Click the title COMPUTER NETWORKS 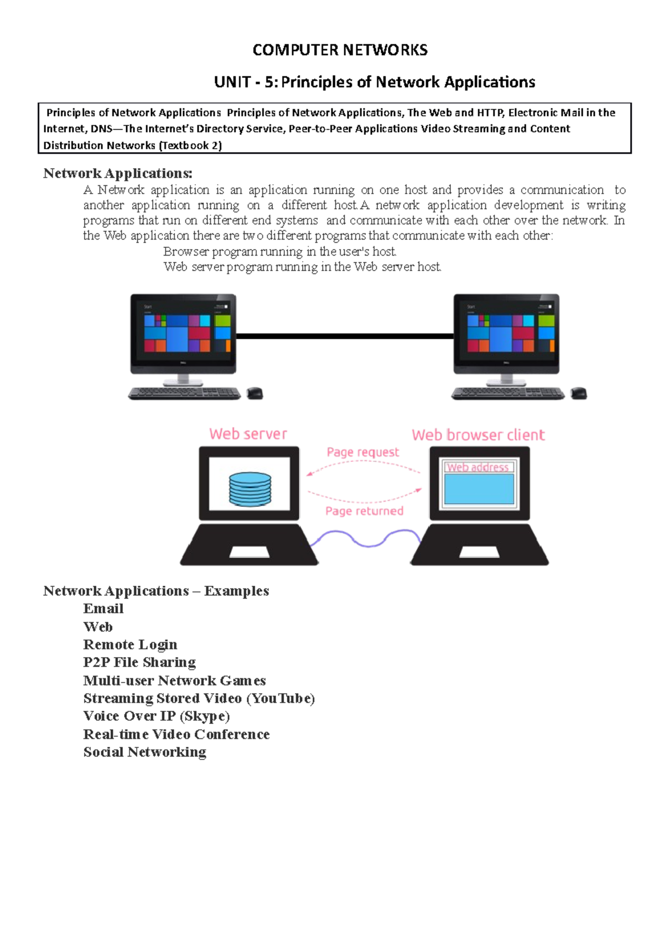tap(340, 50)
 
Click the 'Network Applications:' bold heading tap(118, 173)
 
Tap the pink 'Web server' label tap(248, 434)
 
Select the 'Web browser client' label tap(478, 435)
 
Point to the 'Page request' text tap(362, 452)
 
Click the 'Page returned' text tap(364, 511)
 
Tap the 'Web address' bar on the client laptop tap(478, 467)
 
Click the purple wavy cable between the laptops tap(368, 538)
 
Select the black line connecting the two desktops tap(345, 336)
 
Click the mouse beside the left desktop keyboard tap(255, 393)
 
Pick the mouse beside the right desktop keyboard tap(578, 393)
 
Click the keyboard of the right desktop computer tap(507, 393)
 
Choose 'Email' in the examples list tap(103, 608)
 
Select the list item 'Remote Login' tap(130, 644)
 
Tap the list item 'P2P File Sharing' tap(139, 662)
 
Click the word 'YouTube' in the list tap(281, 698)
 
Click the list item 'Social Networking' tap(144, 752)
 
